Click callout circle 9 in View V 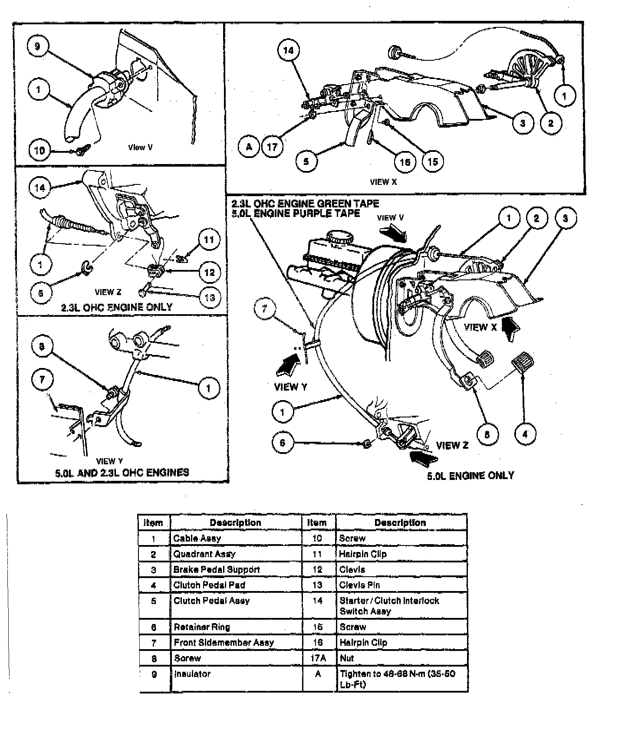[38, 46]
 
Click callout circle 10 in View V [39, 151]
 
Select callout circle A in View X [249, 147]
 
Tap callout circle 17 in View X [272, 147]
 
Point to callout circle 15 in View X [433, 161]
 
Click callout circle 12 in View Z [210, 272]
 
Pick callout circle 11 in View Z [209, 240]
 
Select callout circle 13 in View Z [210, 298]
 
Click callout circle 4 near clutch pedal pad [525, 434]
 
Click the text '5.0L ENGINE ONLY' [470, 476]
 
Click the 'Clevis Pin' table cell [401, 585]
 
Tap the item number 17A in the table [318, 658]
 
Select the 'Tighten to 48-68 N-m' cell [401, 679]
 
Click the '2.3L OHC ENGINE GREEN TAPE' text [305, 204]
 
